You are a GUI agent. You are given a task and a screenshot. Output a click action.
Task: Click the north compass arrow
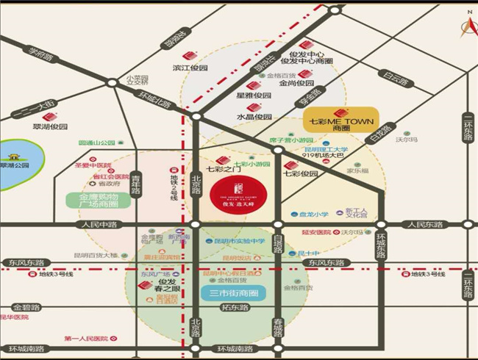click(465, 28)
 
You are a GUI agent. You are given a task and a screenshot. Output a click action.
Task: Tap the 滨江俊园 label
click(189, 67)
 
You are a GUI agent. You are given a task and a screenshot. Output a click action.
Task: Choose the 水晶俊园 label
click(254, 117)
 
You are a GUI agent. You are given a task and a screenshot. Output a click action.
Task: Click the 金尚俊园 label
click(297, 84)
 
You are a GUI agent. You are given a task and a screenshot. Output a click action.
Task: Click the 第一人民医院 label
click(86, 339)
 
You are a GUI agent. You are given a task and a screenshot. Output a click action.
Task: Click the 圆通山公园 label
click(98, 143)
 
